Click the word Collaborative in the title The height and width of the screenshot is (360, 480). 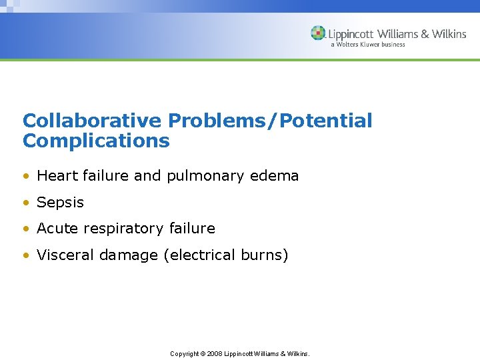[92, 121]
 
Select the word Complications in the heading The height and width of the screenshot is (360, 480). [96, 141]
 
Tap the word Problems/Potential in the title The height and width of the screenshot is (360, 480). [270, 121]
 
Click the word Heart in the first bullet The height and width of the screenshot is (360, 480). [56, 176]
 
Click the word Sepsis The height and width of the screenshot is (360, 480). [61, 203]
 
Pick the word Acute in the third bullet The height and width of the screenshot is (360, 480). [56, 229]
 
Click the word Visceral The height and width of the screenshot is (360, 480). [64, 255]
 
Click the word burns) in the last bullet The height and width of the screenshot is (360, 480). [264, 255]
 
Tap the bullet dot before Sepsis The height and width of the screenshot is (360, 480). [26, 203]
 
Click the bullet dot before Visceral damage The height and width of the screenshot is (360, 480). [26, 255]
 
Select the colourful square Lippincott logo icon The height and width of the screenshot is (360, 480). [318, 33]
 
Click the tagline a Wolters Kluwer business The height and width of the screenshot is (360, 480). [367, 45]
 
